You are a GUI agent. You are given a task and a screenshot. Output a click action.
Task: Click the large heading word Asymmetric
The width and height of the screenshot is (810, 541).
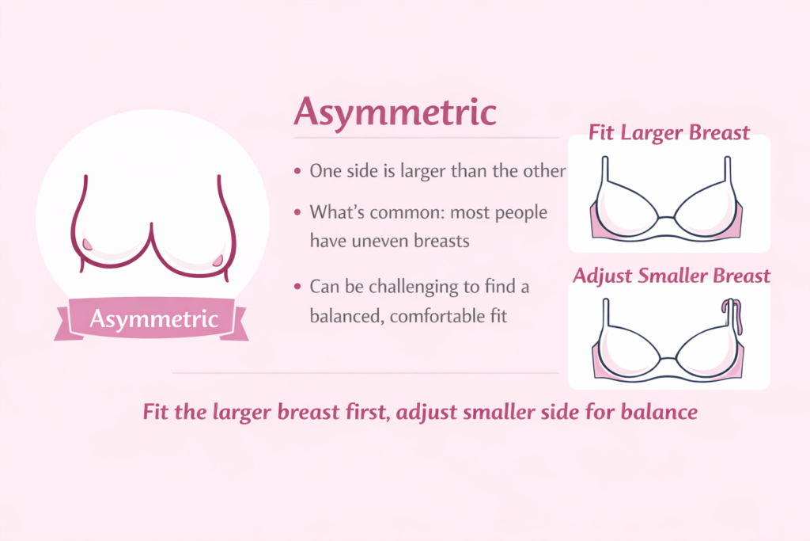click(x=395, y=112)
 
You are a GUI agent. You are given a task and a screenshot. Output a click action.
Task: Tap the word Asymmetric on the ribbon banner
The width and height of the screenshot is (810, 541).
click(x=153, y=319)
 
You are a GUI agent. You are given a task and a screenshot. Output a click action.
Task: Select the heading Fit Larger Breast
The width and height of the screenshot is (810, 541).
click(x=669, y=131)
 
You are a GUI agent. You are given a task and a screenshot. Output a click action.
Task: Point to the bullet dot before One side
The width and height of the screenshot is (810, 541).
click(x=297, y=171)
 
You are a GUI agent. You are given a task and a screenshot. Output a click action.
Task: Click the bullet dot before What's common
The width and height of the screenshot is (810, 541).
click(x=297, y=213)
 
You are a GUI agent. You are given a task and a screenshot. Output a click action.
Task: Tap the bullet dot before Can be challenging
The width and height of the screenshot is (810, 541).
click(x=297, y=287)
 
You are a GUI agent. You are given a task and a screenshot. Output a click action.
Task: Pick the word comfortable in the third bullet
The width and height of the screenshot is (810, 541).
click(x=442, y=315)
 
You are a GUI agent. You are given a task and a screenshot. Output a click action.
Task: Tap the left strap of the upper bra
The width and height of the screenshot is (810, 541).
click(x=604, y=170)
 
